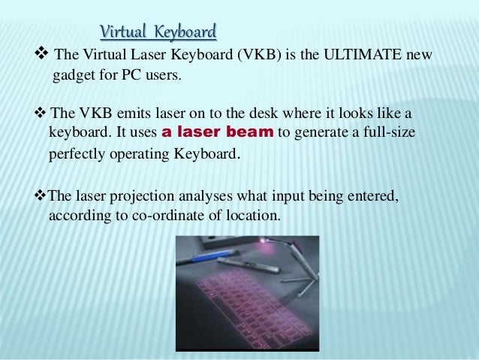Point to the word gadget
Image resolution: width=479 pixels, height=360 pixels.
(x=75, y=77)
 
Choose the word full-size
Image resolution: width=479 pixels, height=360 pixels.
(x=385, y=133)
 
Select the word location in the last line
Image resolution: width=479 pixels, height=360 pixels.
(x=252, y=215)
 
